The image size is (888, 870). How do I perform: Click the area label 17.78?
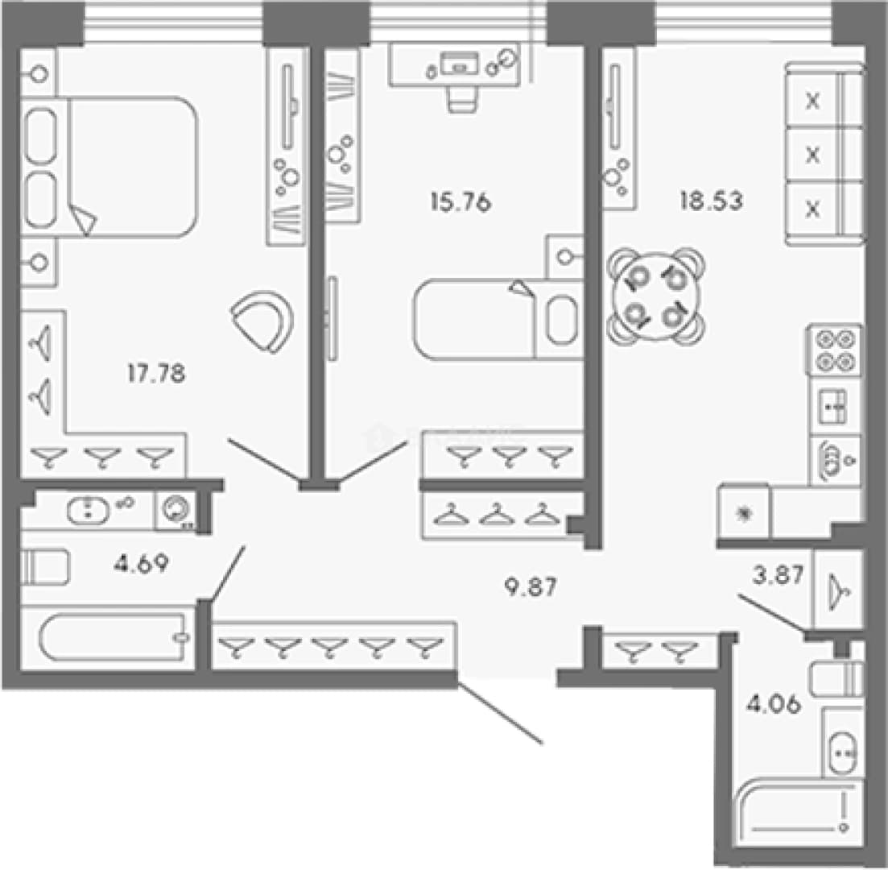(x=156, y=374)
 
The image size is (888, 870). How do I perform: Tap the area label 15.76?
(x=461, y=201)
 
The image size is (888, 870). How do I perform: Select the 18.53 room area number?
(x=712, y=201)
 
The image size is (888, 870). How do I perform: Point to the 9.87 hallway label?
(x=531, y=586)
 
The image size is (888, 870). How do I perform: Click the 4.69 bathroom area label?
(x=141, y=563)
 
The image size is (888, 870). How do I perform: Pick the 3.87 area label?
(x=779, y=574)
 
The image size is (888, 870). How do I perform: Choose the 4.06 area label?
(x=774, y=704)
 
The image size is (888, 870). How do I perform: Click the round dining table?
(x=656, y=296)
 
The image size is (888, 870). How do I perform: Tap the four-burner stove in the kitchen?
(x=835, y=350)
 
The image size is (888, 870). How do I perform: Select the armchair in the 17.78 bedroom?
(x=262, y=321)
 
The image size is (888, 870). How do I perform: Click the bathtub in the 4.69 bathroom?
(x=114, y=637)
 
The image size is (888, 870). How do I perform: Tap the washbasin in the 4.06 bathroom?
(x=842, y=753)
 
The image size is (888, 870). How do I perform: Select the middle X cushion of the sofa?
(x=812, y=154)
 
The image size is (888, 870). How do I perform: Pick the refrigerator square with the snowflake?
(x=744, y=512)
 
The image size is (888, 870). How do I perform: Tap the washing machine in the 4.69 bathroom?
(x=175, y=510)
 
